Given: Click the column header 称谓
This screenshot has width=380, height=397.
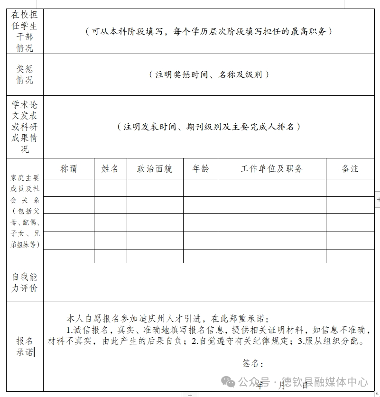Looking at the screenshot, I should [69, 169].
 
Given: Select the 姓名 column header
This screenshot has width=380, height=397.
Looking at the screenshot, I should [110, 169].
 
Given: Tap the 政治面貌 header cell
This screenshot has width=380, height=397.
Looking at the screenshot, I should [155, 169].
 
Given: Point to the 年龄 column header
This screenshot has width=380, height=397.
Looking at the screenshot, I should [200, 169].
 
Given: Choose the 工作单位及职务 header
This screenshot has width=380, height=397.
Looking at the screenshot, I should [272, 169].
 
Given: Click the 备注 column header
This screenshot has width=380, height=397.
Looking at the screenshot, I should [350, 169].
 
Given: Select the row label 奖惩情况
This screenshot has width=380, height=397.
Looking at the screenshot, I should [25, 75].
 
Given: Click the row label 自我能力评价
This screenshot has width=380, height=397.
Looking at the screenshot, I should [25, 283].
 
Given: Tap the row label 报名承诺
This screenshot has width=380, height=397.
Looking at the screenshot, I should [25, 347].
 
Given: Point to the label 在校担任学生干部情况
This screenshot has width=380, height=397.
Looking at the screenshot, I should [25, 31].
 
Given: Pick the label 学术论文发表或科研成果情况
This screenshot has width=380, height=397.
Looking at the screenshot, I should [25, 127].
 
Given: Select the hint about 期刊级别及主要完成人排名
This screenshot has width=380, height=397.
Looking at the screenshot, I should [209, 127].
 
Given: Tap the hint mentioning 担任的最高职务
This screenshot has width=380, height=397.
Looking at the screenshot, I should [209, 32].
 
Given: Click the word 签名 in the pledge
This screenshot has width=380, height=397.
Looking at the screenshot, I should [251, 363].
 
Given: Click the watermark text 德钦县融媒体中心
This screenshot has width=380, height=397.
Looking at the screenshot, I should [324, 381].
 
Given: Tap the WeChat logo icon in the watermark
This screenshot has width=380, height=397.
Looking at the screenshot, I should [230, 381].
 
